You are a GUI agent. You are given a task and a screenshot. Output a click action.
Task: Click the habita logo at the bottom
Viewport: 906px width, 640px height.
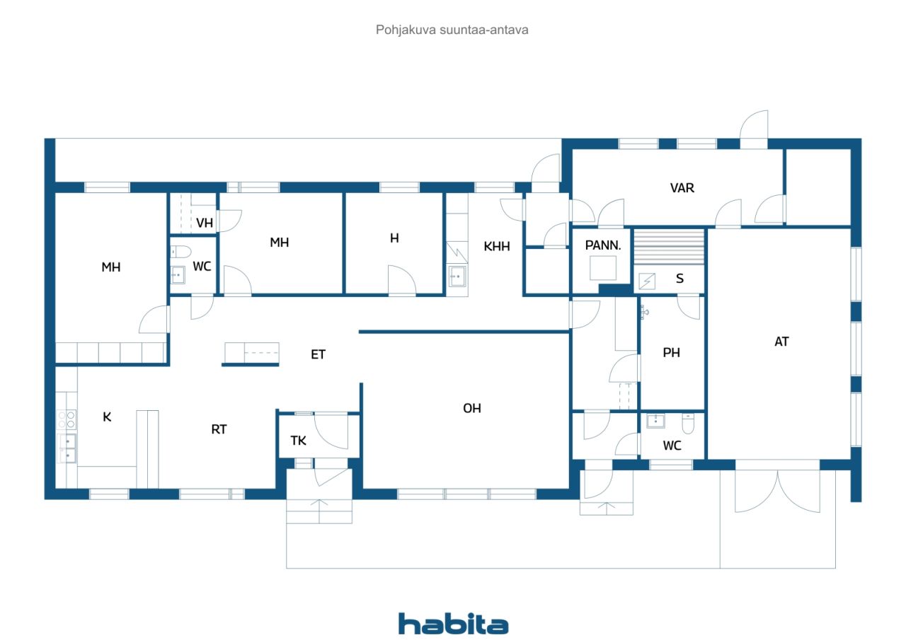453,624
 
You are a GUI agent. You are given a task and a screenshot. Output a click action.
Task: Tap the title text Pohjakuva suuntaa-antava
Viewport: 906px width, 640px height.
452,30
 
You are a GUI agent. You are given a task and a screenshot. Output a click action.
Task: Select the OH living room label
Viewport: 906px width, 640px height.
472,408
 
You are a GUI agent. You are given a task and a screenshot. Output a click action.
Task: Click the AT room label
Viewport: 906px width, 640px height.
781,342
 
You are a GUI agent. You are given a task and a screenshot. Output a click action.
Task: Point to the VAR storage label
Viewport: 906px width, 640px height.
682,188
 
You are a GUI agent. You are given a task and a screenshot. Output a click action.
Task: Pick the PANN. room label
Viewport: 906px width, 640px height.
602,245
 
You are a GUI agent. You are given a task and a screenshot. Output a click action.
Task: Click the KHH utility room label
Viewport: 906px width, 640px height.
497,246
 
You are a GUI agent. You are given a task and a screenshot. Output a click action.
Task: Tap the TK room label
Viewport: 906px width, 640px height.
298,441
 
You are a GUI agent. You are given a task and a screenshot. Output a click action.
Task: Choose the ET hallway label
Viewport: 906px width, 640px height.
318,354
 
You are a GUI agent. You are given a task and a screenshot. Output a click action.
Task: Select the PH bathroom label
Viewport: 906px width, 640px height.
671,352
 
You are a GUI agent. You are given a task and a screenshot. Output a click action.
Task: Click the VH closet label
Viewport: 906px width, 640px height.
205,223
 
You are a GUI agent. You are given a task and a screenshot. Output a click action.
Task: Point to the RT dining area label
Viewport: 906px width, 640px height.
219,429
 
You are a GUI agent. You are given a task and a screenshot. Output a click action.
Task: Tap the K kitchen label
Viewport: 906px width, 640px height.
107,417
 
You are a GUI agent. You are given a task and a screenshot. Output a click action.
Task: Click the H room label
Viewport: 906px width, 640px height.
394,238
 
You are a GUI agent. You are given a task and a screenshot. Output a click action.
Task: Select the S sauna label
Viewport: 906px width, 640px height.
680,279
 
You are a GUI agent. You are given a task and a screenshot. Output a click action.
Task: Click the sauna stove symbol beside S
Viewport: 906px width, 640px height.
647,281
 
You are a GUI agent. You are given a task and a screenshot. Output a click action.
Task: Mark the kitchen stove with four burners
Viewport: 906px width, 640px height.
67,419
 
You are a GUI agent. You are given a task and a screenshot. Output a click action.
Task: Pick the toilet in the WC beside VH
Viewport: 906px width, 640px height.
180,252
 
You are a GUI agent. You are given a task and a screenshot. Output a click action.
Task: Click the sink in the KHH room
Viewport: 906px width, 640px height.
457,277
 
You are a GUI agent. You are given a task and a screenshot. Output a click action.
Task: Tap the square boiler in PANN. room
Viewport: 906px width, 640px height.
602,268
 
